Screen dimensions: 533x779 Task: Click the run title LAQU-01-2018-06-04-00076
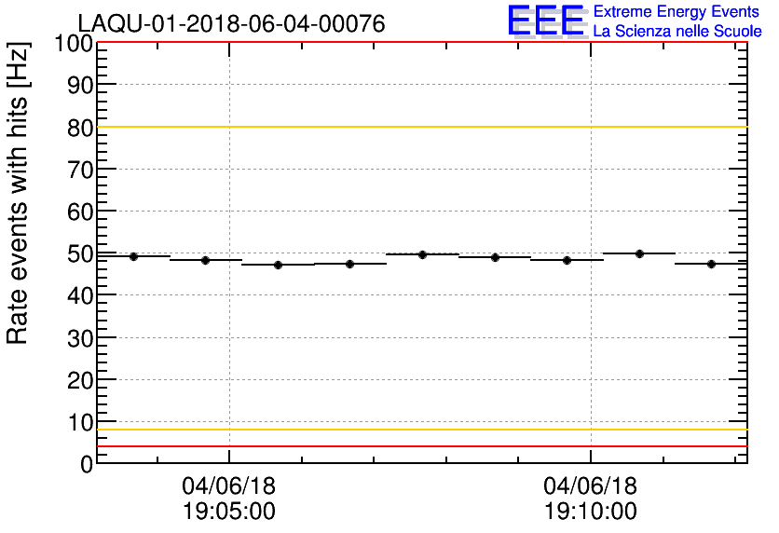coord(230,24)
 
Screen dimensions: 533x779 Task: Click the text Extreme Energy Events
coord(676,11)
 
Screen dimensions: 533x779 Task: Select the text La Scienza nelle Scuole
coord(676,31)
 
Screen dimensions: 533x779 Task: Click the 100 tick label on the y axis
coord(74,43)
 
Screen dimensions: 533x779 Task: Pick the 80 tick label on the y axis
coord(80,128)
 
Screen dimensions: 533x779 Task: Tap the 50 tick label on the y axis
coord(80,253)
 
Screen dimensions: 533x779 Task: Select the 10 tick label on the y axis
coord(80,422)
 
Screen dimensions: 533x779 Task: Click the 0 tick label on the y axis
coord(86,463)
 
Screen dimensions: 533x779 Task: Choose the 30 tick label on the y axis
coord(80,338)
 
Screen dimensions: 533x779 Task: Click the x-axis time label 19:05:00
coord(229,512)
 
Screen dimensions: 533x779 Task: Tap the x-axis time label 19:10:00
coord(591,512)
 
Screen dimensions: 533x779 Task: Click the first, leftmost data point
coord(133,256)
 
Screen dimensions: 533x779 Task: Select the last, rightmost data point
coord(711,264)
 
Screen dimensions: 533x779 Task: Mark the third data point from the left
coord(278,265)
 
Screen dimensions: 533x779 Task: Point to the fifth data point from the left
coord(422,254)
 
